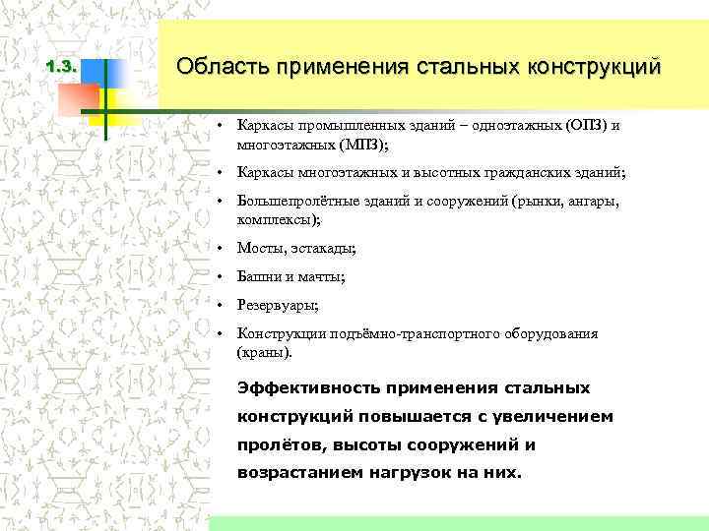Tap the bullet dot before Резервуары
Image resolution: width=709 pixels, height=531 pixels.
pyautogui.click(x=225, y=305)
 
